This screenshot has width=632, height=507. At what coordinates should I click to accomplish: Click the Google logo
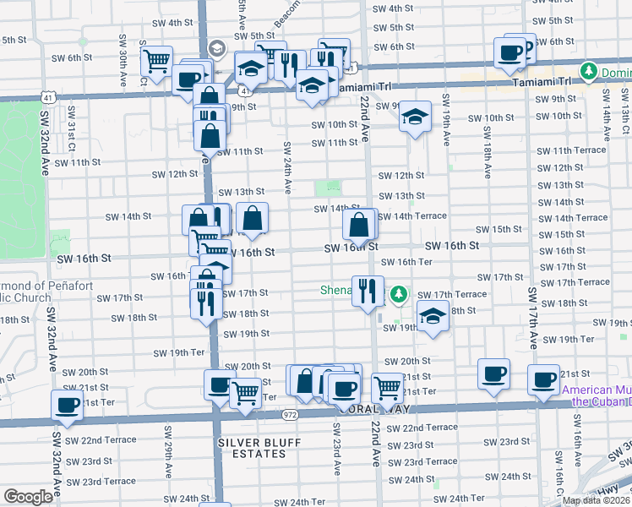pyautogui.click(x=28, y=497)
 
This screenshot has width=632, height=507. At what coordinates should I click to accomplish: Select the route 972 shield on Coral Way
pyautogui.click(x=291, y=415)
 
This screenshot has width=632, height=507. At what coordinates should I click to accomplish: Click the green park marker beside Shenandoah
pyautogui.click(x=399, y=295)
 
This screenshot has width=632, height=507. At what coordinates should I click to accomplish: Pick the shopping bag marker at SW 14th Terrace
pyautogui.click(x=359, y=224)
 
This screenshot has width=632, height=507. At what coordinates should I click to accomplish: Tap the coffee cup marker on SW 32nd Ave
pyautogui.click(x=67, y=404)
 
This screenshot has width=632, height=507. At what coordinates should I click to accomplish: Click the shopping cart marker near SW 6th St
pyautogui.click(x=156, y=61)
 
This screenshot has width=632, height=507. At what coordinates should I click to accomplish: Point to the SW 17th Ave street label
pyautogui.click(x=533, y=317)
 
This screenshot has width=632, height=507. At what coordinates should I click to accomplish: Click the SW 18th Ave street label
pyautogui.click(x=488, y=152)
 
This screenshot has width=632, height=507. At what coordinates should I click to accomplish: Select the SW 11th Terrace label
pyautogui.click(x=578, y=150)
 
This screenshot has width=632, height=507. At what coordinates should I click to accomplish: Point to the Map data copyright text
pyautogui.click(x=596, y=500)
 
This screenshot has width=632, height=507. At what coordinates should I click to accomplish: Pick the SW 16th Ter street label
pyautogui.click(x=409, y=263)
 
